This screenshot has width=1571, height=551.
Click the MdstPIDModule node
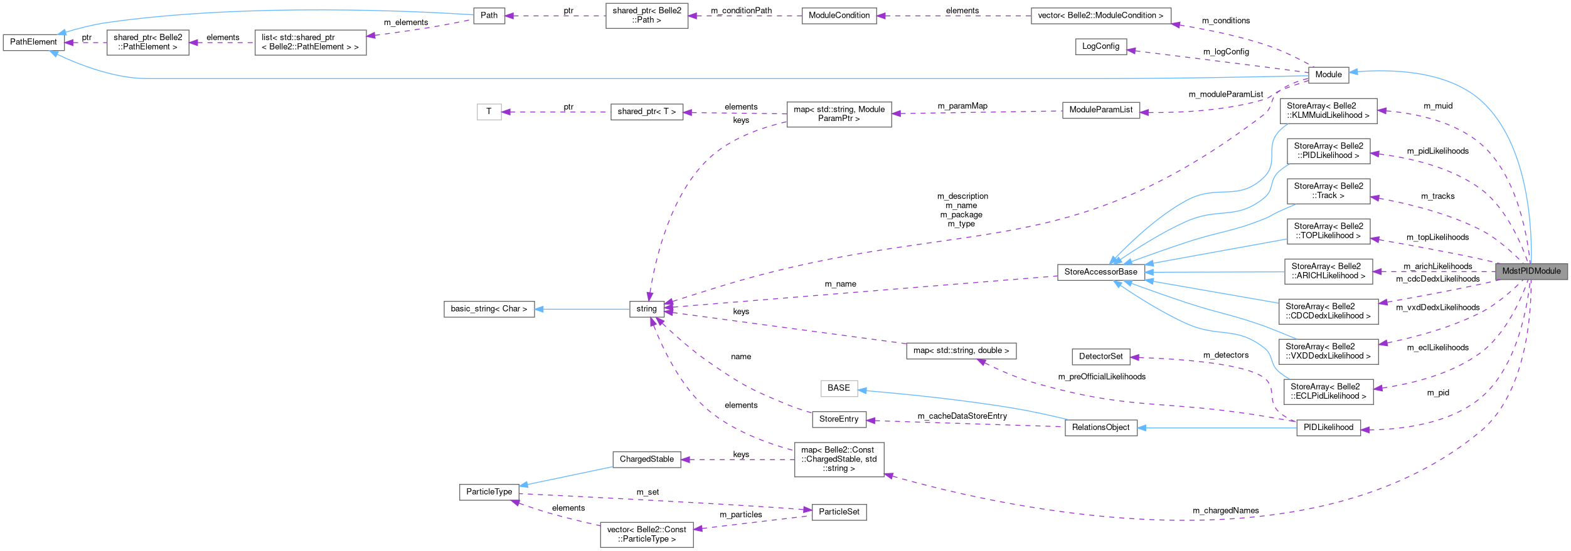click(x=1531, y=271)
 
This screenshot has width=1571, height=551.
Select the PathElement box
click(x=33, y=42)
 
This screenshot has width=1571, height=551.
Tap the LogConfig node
click(x=1100, y=46)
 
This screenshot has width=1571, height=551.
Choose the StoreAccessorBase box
click(x=1100, y=272)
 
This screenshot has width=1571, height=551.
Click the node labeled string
click(x=646, y=309)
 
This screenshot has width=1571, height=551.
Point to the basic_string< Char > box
click(x=489, y=309)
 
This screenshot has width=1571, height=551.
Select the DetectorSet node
click(x=1100, y=357)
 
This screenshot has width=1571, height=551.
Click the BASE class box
click(x=838, y=388)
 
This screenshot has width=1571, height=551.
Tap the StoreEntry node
click(x=838, y=419)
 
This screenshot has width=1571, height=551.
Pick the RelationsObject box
click(x=1100, y=428)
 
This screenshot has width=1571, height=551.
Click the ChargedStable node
click(x=646, y=459)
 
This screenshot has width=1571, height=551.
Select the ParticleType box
click(x=489, y=492)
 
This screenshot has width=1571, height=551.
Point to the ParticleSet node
click(x=839, y=512)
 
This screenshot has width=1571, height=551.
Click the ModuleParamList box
click(x=1100, y=110)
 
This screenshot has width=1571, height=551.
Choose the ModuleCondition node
click(x=839, y=16)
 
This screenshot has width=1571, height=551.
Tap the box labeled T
click(x=489, y=112)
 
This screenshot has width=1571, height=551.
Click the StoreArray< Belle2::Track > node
click(x=1328, y=191)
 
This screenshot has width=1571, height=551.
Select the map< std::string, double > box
click(x=961, y=351)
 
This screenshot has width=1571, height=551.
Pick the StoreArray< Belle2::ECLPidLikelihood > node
click(x=1328, y=391)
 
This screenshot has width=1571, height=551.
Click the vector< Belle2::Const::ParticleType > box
click(x=646, y=534)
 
